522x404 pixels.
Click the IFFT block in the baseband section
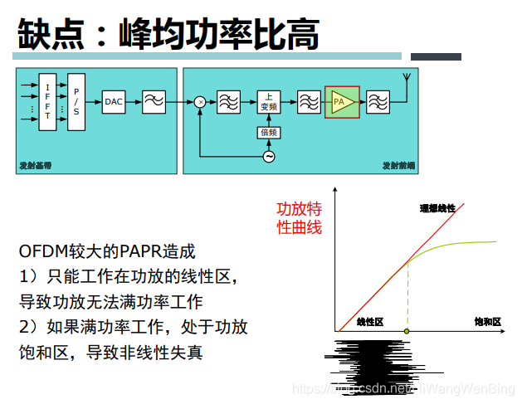coord(48,102)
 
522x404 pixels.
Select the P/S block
coord(76,102)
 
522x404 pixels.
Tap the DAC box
coord(114,102)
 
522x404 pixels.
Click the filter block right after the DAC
coord(153,102)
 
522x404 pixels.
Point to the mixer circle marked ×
coord(200,102)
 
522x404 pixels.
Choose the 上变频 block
coord(269,102)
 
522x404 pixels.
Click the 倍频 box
coord(269,132)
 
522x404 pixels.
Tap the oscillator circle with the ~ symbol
coord(269,156)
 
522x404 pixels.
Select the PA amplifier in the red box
coord(342,102)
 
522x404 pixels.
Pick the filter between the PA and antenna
coord(378,102)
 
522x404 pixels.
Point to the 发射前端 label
coord(398,166)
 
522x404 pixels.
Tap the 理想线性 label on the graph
coord(437,207)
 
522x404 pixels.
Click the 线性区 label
coord(369,321)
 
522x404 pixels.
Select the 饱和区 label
coord(488,321)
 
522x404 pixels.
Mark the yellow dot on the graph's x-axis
coord(407,332)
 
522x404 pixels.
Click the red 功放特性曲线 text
coord(299,217)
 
